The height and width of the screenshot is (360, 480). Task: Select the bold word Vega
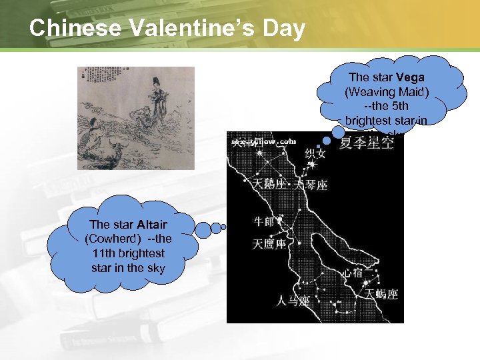(411, 78)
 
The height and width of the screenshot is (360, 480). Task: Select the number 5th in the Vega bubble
(405, 107)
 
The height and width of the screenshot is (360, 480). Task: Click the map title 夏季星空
(367, 143)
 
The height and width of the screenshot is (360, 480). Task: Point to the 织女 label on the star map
(315, 154)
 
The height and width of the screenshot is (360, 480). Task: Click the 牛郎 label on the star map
(265, 221)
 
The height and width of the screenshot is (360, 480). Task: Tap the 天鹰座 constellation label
(269, 245)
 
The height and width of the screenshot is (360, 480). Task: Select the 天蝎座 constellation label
(382, 294)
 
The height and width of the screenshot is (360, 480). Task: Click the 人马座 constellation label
(294, 301)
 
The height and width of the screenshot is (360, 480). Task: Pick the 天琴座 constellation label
(312, 185)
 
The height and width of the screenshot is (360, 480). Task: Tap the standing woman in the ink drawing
(157, 97)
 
